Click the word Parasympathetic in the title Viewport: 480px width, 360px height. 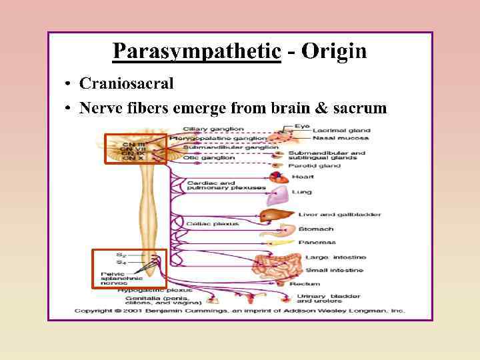click(x=196, y=51)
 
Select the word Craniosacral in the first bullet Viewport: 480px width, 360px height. click(x=126, y=83)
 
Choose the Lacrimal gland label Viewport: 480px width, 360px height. click(x=342, y=131)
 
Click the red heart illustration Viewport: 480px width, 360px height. click(x=279, y=177)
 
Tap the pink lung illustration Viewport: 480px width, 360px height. click(x=276, y=195)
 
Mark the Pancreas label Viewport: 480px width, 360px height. click(x=317, y=243)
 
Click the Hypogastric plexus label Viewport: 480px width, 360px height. click(x=155, y=291)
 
